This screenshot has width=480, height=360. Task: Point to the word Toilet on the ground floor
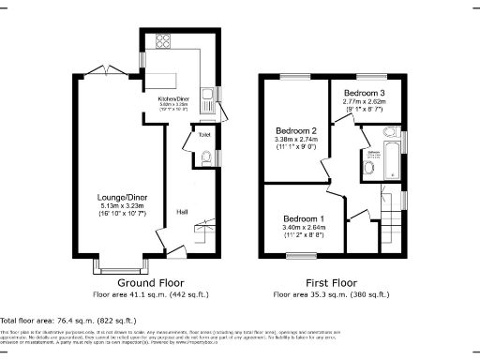[203, 135]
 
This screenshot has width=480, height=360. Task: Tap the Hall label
[182, 212]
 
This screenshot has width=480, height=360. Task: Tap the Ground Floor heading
[150, 282]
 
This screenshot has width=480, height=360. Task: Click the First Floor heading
[331, 282]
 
